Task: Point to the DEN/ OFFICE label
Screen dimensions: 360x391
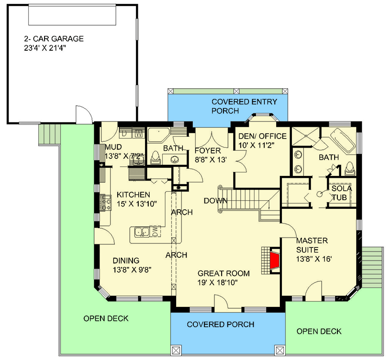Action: click(261, 136)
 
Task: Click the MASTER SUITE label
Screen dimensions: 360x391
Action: click(312, 245)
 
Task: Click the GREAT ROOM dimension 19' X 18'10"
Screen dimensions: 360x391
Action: click(218, 282)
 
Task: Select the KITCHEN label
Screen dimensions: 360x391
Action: click(133, 195)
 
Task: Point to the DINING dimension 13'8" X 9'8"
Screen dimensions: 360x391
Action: click(132, 270)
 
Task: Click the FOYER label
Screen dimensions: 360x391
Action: click(208, 150)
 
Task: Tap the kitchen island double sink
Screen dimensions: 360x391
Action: click(142, 232)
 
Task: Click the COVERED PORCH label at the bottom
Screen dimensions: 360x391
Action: click(220, 324)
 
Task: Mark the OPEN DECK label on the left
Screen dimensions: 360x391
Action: click(106, 319)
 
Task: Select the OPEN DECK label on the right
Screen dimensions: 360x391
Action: click(319, 332)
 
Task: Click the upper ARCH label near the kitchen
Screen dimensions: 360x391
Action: click(182, 212)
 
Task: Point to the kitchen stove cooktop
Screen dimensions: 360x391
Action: click(107, 203)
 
